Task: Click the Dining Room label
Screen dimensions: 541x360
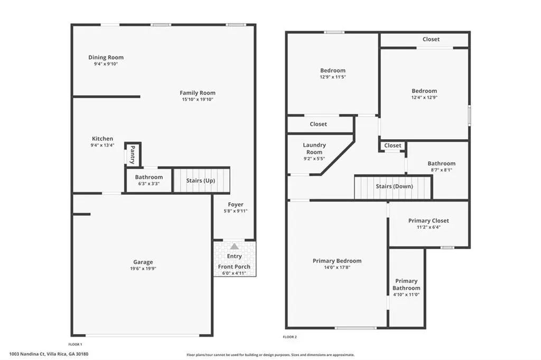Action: [x=106, y=57]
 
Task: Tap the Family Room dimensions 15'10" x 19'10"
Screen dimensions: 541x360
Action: [x=198, y=99]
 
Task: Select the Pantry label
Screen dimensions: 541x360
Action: [x=133, y=155]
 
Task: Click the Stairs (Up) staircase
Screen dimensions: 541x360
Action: [x=201, y=180]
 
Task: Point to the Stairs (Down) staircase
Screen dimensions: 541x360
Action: [x=393, y=187]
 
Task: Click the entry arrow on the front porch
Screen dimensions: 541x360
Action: [x=234, y=246]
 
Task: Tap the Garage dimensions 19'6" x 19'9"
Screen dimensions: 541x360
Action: [x=143, y=269]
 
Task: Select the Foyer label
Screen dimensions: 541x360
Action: [x=236, y=204]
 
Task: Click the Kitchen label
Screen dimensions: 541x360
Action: [x=102, y=139]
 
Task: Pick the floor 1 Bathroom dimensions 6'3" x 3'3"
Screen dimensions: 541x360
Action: [x=149, y=184]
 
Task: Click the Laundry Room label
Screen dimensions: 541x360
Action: [x=314, y=149]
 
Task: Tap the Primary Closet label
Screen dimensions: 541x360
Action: [x=428, y=221]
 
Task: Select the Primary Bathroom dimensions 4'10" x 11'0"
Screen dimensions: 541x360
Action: [x=406, y=295]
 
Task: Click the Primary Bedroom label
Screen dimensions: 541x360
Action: [x=337, y=261]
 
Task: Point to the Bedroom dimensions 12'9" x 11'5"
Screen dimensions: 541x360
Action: [x=333, y=77]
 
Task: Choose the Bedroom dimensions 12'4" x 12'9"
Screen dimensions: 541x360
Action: [x=424, y=97]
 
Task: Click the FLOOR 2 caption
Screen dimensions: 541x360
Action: [x=290, y=337]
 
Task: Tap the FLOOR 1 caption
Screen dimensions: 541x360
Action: [x=75, y=344]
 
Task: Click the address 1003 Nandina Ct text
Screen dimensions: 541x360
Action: [x=27, y=354]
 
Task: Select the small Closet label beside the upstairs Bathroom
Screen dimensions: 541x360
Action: [x=393, y=146]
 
